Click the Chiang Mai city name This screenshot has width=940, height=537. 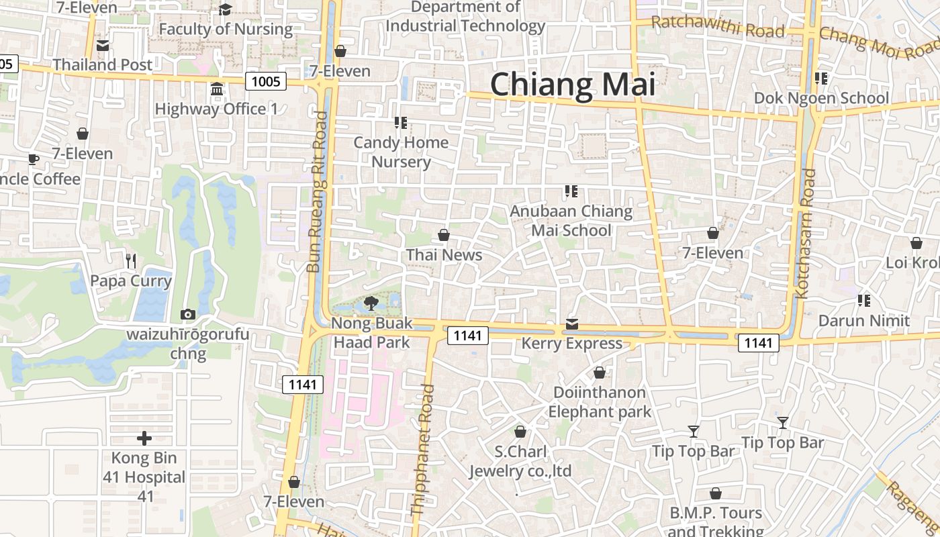coord(572,85)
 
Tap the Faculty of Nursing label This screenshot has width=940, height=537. coord(226,30)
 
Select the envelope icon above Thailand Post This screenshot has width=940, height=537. coord(103,46)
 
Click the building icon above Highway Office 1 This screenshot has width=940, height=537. coord(216,89)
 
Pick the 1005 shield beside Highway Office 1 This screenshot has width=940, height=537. coord(265,82)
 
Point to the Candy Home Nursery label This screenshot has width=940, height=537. coord(401,152)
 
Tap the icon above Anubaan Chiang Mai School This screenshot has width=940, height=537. coord(571,192)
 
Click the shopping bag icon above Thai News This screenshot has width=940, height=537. coord(444,235)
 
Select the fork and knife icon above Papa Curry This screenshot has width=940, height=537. coord(131,260)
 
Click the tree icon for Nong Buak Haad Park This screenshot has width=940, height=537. coord(370,303)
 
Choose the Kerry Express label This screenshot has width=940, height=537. coord(572,344)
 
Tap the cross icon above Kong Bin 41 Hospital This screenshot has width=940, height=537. coord(144,438)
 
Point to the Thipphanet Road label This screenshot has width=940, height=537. coord(422,449)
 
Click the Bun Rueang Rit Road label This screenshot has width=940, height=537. coord(318,192)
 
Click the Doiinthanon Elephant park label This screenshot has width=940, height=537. coord(600,401)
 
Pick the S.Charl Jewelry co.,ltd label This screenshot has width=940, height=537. coord(520,461)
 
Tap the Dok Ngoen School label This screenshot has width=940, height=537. coord(821,98)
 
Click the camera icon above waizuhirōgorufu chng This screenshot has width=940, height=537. coord(188,314)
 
